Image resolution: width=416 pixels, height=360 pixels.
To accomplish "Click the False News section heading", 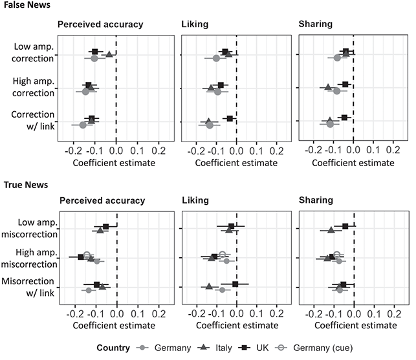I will tap(25, 5).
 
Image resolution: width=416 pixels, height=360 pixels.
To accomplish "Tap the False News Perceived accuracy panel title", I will tap(100, 25).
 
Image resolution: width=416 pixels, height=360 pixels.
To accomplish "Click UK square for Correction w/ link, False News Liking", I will tap(230, 118).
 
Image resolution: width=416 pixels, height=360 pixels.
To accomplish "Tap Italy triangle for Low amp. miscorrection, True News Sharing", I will tap(331, 229).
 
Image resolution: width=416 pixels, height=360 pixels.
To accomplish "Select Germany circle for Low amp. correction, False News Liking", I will tap(216, 59).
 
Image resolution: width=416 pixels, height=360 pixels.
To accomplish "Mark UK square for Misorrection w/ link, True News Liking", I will tap(235, 284).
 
